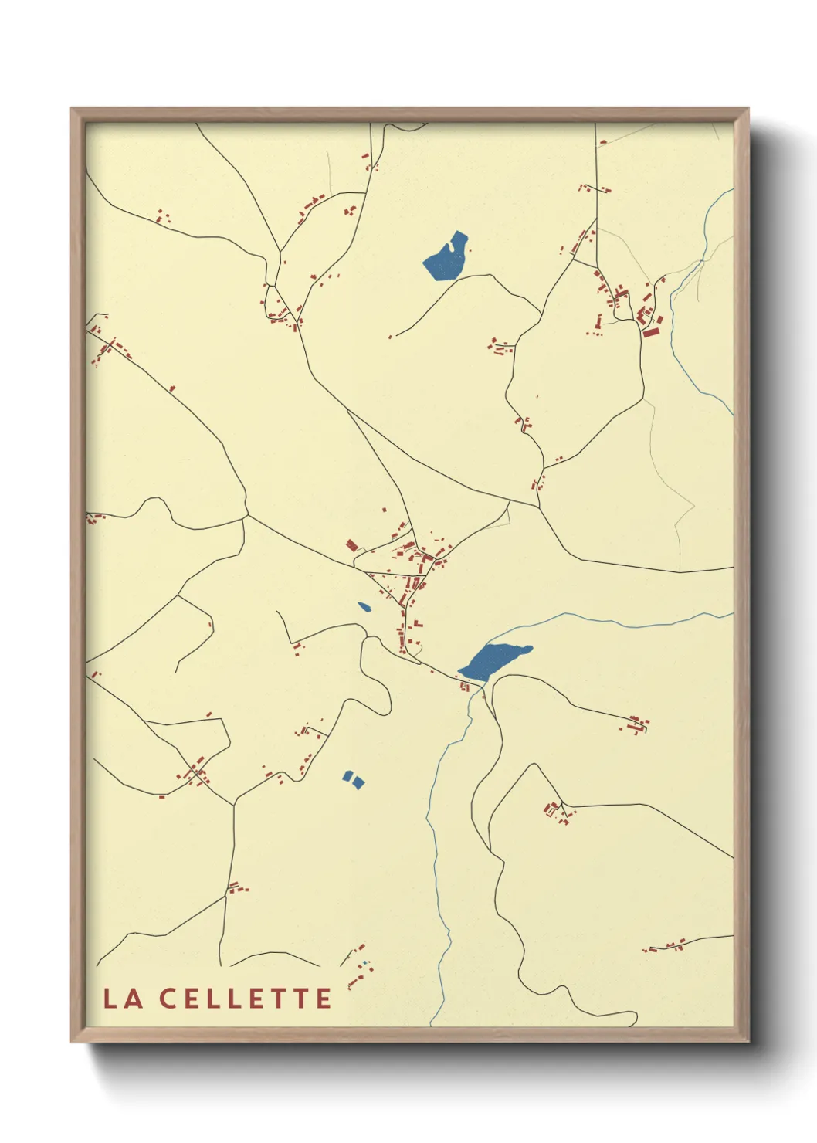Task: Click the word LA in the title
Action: [x=123, y=998]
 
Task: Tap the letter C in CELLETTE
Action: [x=169, y=998]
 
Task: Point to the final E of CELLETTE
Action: [x=324, y=998]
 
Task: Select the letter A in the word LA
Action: [x=134, y=998]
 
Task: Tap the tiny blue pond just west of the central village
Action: [x=364, y=607]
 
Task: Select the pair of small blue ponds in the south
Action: [x=353, y=779]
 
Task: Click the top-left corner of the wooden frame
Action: [x=72, y=109]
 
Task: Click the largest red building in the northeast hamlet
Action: [x=650, y=332]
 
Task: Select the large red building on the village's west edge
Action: [x=351, y=545]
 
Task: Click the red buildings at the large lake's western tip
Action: [x=464, y=685]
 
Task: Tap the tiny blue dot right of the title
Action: [x=364, y=962]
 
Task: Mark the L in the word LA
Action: [x=110, y=998]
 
